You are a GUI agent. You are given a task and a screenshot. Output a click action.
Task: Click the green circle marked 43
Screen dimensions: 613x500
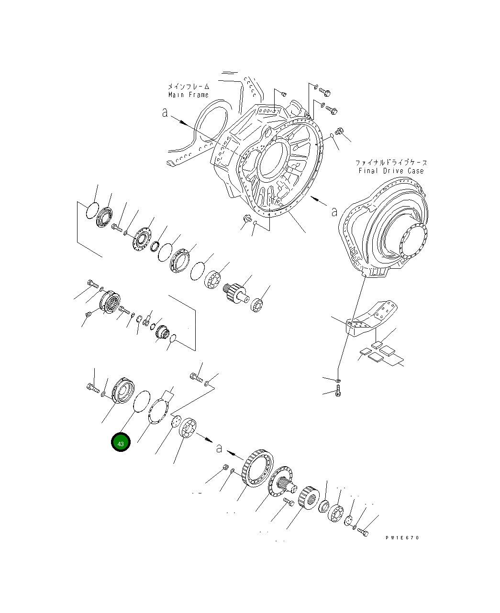121,443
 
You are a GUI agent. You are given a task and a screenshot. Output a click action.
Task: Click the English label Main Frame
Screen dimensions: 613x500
189,95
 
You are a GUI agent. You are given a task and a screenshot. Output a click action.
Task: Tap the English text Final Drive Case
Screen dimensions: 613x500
391,171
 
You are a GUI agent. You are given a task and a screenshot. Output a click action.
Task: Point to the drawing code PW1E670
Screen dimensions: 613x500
402,537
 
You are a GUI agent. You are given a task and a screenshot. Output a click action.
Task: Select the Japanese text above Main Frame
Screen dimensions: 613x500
189,87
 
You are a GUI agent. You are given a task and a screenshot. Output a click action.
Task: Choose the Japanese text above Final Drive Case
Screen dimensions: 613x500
391,163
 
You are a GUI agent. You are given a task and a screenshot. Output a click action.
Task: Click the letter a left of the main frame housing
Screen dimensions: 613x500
165,113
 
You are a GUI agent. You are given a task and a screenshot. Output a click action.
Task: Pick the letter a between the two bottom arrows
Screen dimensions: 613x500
219,448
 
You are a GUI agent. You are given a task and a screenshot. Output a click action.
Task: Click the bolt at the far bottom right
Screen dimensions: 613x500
363,531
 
